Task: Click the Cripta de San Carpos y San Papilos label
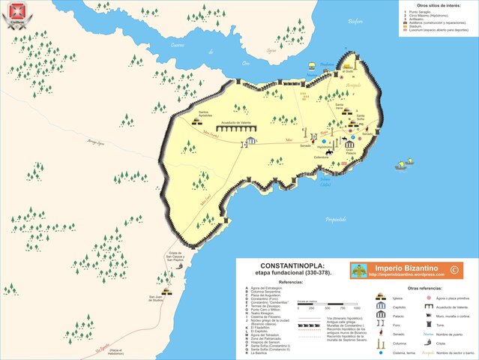point(175,257)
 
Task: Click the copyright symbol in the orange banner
point(454,268)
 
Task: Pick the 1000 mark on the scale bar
point(357,307)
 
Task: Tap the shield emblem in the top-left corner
point(10,10)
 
